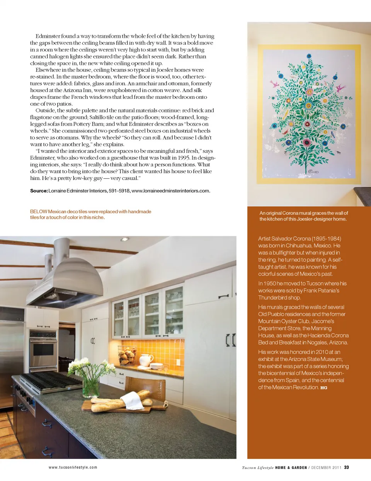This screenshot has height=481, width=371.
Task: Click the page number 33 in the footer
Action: click(347, 467)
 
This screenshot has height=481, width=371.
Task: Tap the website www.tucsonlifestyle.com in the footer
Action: click(73, 467)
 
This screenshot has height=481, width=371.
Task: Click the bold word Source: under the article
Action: click(39, 191)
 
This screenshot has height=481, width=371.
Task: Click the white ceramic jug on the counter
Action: click(145, 360)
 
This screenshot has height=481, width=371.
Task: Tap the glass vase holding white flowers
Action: click(91, 384)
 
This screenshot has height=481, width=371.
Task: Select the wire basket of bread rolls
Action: click(128, 355)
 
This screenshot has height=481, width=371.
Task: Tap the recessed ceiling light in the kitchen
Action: click(124, 240)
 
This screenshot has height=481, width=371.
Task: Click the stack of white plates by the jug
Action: click(157, 366)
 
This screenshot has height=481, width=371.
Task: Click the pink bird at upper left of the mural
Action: click(275, 84)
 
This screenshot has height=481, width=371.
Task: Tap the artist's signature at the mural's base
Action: click(312, 171)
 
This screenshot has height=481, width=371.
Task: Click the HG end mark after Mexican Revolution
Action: click(324, 388)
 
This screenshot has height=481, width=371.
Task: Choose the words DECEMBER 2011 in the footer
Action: click(326, 467)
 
